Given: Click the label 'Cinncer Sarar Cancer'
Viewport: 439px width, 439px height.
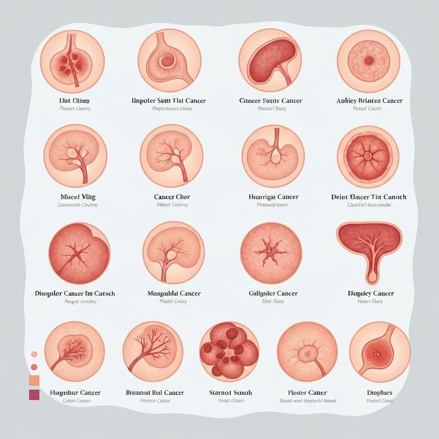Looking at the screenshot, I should click(x=271, y=101).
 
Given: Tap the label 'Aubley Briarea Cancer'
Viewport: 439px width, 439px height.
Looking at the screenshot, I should click(x=369, y=101).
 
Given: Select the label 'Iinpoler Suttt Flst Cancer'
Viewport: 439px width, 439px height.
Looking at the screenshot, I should click(x=168, y=101).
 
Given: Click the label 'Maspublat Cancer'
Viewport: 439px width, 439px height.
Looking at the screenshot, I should click(x=174, y=294).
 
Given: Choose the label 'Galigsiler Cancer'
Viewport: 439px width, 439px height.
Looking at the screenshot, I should click(x=273, y=294).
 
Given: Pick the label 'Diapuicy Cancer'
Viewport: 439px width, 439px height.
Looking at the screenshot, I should click(x=370, y=294).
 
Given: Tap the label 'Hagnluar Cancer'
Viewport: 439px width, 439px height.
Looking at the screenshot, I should click(x=75, y=393).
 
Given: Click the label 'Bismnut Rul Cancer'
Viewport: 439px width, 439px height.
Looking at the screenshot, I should click(x=155, y=393).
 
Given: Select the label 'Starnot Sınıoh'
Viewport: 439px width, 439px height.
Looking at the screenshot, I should click(x=230, y=393).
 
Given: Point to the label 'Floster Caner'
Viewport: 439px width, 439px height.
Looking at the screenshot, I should click(x=307, y=393).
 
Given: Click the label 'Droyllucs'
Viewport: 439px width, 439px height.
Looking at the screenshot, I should click(x=379, y=393).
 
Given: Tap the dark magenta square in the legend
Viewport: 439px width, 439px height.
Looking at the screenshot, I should click(x=34, y=395).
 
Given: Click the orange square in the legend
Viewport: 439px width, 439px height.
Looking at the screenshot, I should click(x=34, y=380).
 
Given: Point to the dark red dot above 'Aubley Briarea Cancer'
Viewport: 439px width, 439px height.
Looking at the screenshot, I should click(x=369, y=61).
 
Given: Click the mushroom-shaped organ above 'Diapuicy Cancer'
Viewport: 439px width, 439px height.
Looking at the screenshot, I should click(x=370, y=247).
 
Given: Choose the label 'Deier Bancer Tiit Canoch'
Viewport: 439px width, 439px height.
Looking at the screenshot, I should click(x=369, y=197).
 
